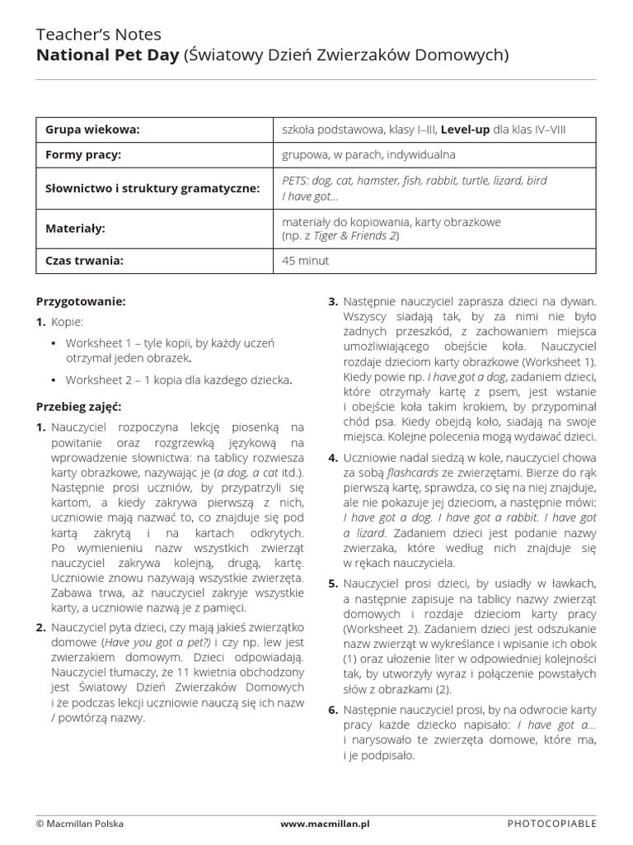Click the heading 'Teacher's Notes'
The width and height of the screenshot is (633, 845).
click(x=99, y=34)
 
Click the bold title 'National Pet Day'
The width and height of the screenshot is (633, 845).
click(x=106, y=55)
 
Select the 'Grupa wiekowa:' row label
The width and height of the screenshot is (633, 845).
click(x=92, y=130)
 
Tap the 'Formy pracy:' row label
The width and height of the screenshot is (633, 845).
click(x=83, y=154)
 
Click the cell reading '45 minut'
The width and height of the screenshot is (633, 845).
click(x=305, y=261)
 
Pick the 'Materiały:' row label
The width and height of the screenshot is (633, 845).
click(x=75, y=228)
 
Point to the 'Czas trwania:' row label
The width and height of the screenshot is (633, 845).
click(x=84, y=261)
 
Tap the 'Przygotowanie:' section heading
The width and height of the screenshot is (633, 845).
click(x=81, y=302)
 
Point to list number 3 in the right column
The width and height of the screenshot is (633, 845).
click(x=332, y=302)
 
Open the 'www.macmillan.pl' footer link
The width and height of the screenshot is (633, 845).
click(x=325, y=824)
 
